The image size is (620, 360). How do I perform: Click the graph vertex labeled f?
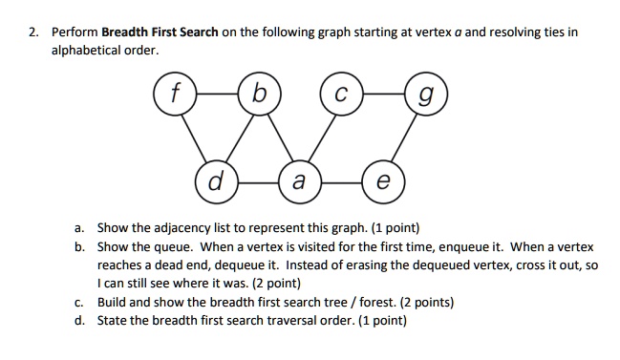[x=174, y=95]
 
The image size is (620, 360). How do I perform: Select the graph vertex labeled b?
[x=255, y=95]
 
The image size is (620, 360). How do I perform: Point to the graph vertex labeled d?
[x=215, y=180]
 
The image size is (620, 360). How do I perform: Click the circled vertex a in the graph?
[x=298, y=180]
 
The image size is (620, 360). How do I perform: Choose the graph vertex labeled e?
[x=383, y=180]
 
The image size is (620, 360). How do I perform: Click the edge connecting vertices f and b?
[x=214, y=95]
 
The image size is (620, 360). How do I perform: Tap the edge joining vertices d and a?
[x=256, y=180]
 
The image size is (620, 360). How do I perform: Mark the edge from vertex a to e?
[x=340, y=180]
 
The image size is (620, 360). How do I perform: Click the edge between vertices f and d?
[x=194, y=137]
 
